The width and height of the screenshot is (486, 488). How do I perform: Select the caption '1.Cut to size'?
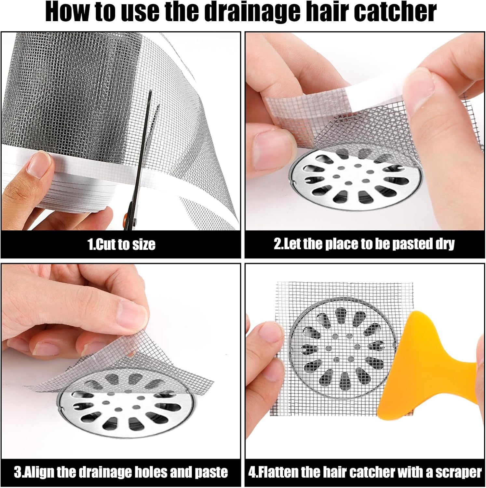click(x=121, y=244)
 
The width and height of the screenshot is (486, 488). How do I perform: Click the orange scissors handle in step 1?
click(x=132, y=216)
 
